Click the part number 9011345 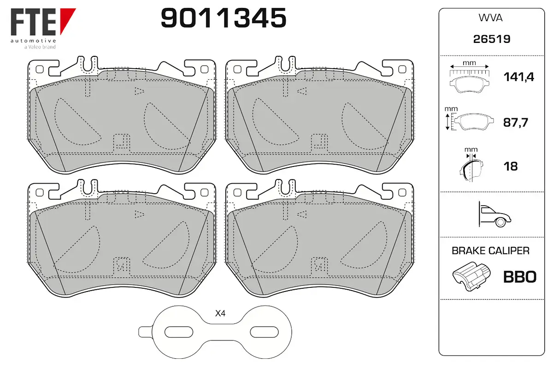point(224,18)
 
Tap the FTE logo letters point(33,22)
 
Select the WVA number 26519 point(492,39)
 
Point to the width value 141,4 point(519,77)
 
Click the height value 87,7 point(516,122)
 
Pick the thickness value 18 point(511,167)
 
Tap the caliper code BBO point(520,277)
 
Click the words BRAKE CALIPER point(490,250)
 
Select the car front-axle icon point(495,214)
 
